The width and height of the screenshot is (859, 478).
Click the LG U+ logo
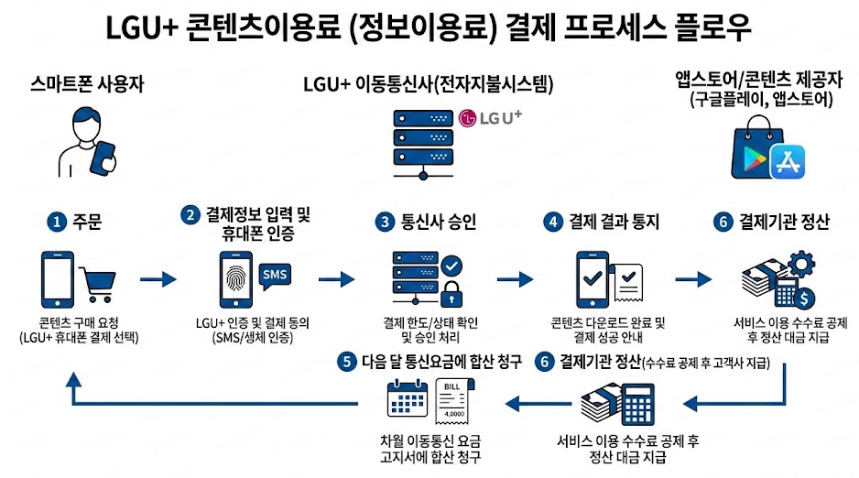(x=489, y=118)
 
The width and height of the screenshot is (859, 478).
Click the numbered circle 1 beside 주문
(x=57, y=222)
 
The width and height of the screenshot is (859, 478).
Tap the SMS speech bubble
(x=275, y=274)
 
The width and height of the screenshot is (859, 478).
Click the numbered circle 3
(x=385, y=222)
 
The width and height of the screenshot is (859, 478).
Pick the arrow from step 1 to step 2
(x=157, y=279)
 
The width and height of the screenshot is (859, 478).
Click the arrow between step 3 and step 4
(x=513, y=279)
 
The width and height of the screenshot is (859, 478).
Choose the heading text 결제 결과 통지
(x=614, y=222)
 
